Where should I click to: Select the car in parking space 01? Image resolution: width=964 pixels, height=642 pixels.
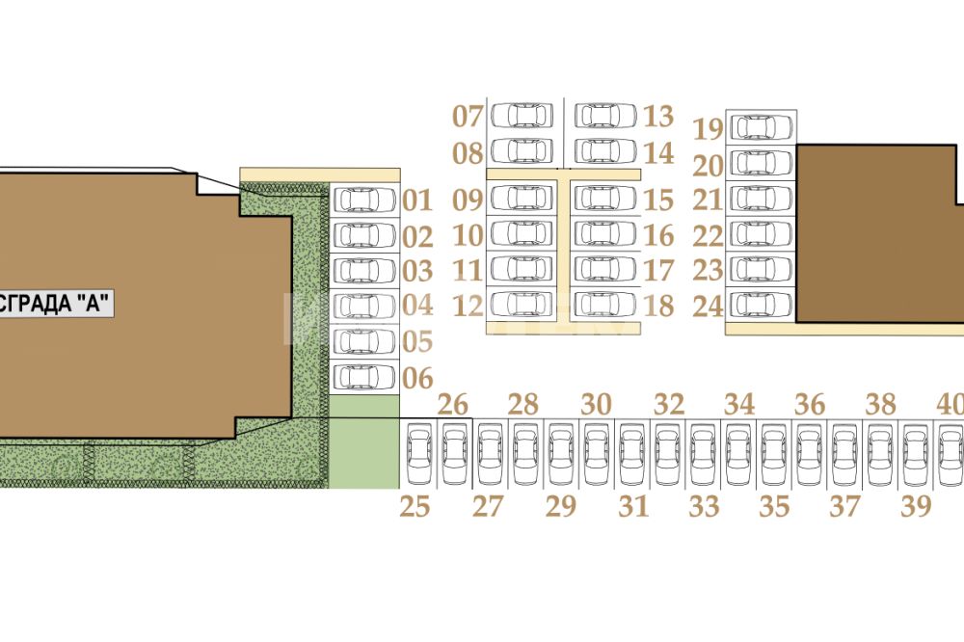pos(365,201)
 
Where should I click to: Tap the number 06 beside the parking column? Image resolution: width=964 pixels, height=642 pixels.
pos(417,378)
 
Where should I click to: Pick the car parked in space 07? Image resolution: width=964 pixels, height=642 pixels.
pos(522,116)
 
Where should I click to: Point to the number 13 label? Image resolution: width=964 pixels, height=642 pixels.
pos(658,117)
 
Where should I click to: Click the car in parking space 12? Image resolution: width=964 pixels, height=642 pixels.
pos(522,304)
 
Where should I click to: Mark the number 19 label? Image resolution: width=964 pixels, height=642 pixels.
pos(708,129)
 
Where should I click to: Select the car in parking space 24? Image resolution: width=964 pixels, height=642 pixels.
pos(762,305)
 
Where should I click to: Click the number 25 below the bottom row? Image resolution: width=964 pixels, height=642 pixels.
pos(415,506)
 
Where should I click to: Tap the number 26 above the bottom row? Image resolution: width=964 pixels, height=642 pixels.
pos(453,405)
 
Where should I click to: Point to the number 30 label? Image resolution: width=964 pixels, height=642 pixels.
pos(597,405)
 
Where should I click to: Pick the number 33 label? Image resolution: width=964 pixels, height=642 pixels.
pos(705,506)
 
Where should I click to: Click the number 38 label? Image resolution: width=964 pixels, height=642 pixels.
pos(881,405)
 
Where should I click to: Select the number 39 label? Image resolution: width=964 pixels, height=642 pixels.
pos(916,506)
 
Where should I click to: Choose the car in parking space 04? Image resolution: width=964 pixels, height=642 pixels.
pos(365,306)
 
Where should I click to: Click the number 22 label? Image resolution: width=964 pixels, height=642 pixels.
pos(708,235)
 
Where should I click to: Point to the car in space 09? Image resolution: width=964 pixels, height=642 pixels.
pos(522,198)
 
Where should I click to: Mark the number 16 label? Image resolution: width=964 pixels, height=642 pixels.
pos(658,235)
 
